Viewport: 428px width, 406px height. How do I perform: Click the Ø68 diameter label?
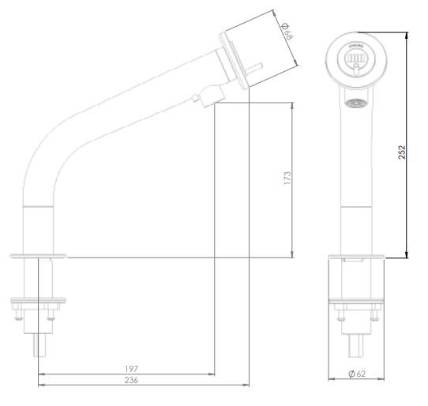point(287,32)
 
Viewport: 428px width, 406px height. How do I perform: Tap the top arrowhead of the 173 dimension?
point(293,106)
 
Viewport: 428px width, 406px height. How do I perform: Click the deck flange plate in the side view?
point(39,255)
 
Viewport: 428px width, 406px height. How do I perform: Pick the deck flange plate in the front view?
point(355,258)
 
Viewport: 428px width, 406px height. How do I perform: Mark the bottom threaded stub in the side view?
point(39,344)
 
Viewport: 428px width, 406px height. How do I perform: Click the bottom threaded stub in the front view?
point(355,344)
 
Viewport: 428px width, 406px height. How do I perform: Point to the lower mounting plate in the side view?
point(39,299)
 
